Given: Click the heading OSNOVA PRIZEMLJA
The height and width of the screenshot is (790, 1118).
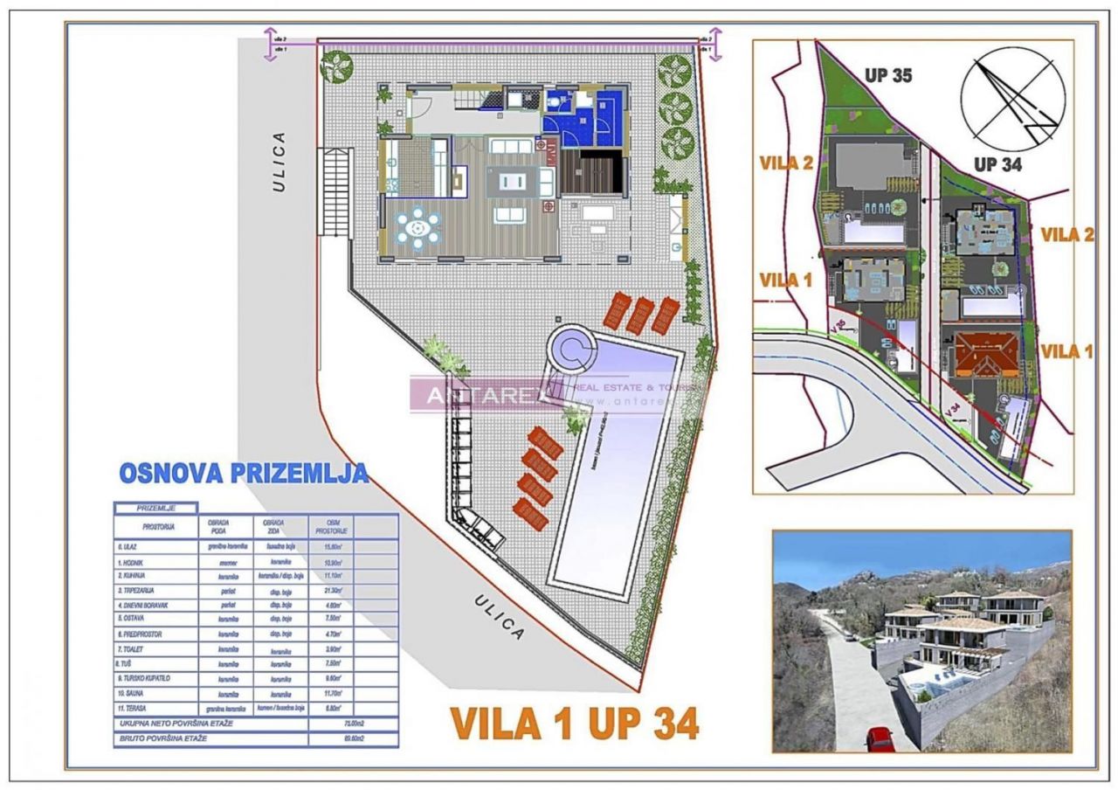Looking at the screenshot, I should click(x=243, y=473).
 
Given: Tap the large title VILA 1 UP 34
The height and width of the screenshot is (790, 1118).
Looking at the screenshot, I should click(x=574, y=724).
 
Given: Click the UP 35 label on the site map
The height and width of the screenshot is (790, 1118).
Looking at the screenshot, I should click(x=888, y=75).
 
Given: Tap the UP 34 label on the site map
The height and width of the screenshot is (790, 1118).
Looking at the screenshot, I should click(x=997, y=163).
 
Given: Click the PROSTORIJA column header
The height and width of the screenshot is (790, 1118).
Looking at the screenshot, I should click(x=158, y=527).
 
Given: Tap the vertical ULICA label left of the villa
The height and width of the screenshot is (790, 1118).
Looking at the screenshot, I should click(x=279, y=162).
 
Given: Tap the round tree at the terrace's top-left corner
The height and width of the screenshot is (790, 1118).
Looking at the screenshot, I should click(x=336, y=66).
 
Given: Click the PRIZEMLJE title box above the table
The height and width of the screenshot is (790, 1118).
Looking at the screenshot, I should click(x=156, y=507).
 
